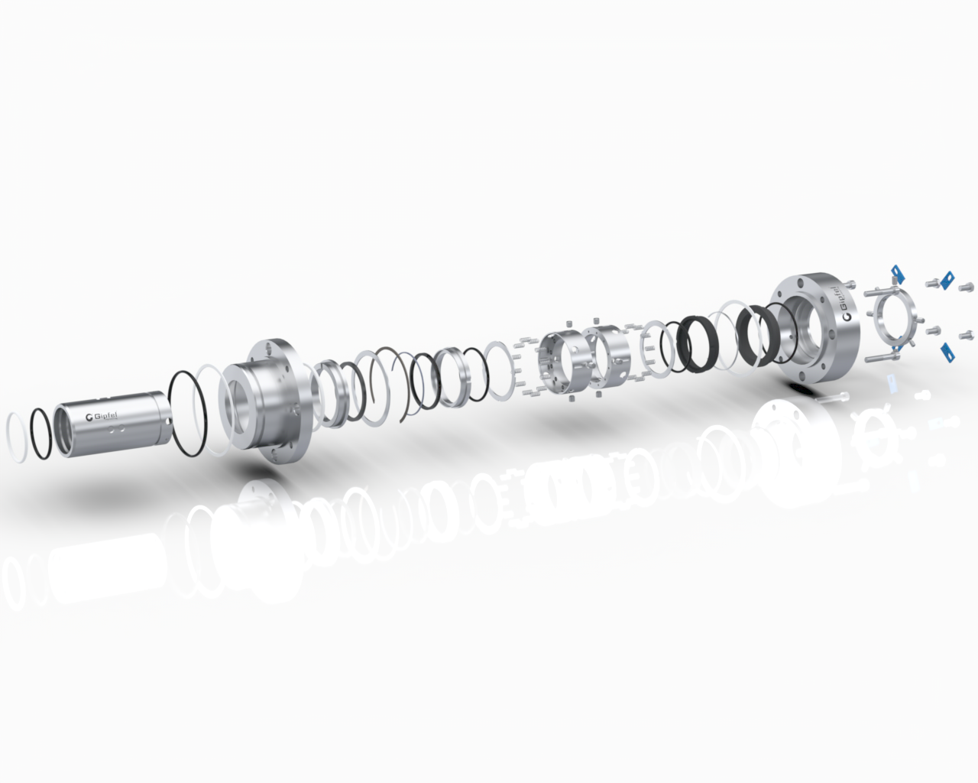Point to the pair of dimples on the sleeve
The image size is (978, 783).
pos(118,430)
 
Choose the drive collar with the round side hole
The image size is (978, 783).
pos(562,359)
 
